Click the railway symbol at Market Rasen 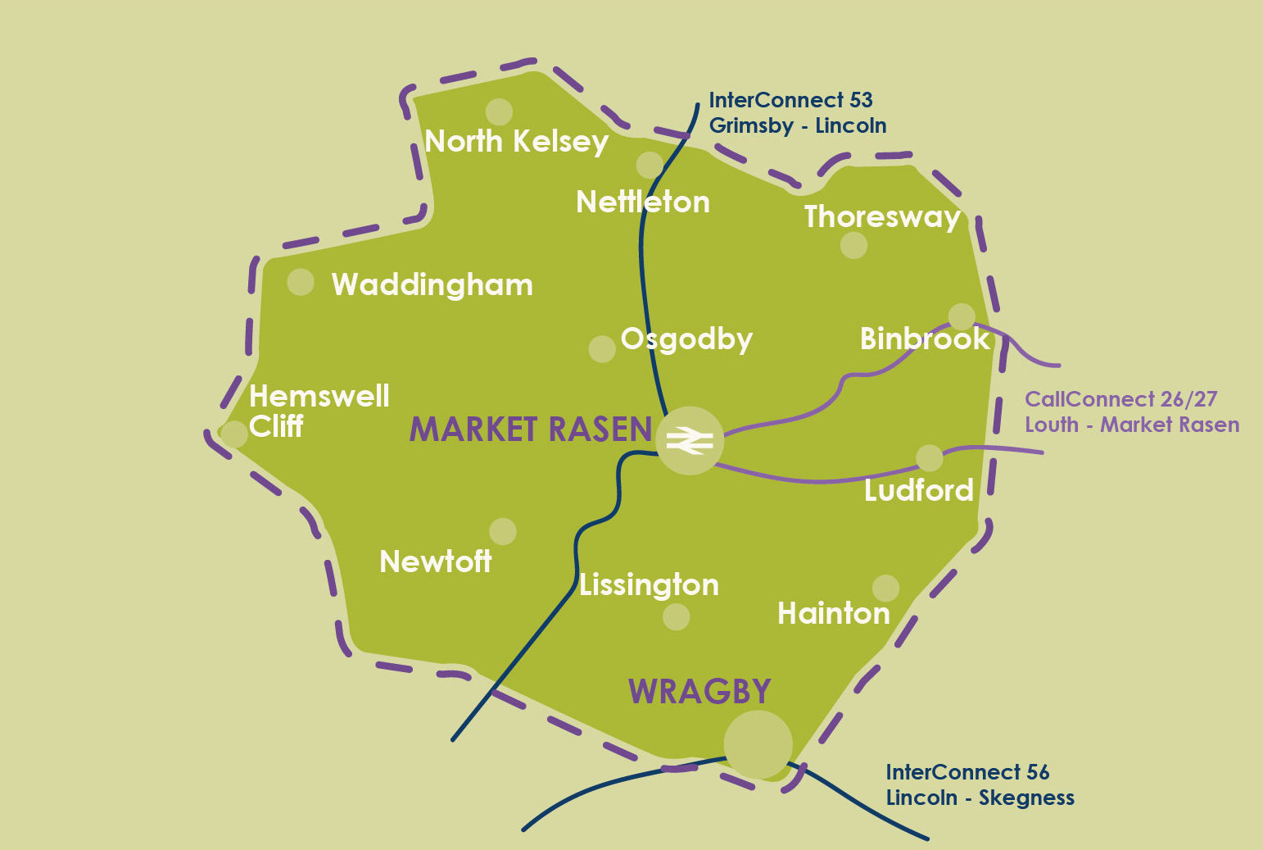[690, 441]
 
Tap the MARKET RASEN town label [531, 430]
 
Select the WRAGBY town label [699, 692]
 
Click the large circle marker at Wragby [758, 744]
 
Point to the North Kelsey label [516, 142]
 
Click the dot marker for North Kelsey [499, 111]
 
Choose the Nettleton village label [643, 202]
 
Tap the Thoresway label [882, 216]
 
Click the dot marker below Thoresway [853, 245]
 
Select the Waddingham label [432, 285]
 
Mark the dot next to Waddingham [301, 282]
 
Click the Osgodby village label [686, 339]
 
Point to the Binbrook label [925, 339]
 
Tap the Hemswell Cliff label [319, 411]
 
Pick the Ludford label [918, 490]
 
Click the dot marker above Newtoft [502, 531]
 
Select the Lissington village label [649, 584]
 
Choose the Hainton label [833, 613]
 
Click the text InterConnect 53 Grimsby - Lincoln [797, 112]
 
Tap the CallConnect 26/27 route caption [1131, 411]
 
